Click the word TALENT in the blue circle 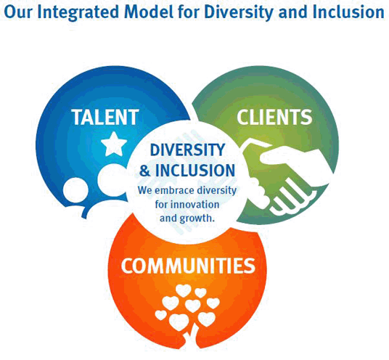tap(105, 117)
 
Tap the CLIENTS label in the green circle tap(274, 117)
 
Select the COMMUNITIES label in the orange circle tap(188, 266)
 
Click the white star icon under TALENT tap(114, 144)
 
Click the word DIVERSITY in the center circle tap(187, 150)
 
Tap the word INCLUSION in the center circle tap(195, 170)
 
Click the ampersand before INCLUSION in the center tap(145, 171)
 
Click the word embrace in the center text tap(174, 191)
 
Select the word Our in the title tap(19, 12)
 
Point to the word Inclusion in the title tap(348, 12)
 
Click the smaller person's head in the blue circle tap(75, 189)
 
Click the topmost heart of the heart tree tap(183, 290)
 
